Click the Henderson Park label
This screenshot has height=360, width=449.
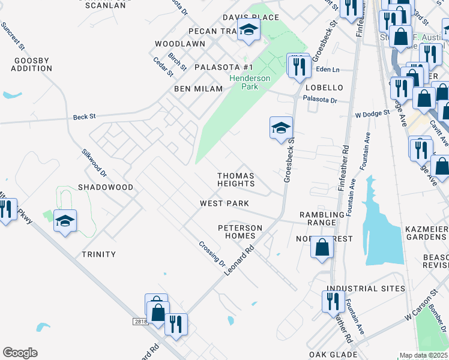pos(250,82)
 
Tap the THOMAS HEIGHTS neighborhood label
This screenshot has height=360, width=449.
pos(236,179)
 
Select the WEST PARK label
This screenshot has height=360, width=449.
pos(224,203)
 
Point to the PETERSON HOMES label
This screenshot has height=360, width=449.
pos(240,232)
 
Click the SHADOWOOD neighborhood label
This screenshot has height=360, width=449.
pos(106,187)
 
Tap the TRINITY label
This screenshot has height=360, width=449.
pos(98,254)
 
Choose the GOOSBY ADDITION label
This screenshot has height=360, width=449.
pos(32,64)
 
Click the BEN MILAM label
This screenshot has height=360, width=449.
pos(198,89)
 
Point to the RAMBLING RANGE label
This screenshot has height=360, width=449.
pos(318,218)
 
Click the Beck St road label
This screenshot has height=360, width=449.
pos(85,117)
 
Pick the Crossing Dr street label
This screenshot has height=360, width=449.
pos(212,254)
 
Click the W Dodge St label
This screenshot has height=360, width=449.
pos(372,113)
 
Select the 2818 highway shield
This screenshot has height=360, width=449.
pos(140,322)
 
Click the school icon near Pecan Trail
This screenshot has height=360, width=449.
pos(248,29)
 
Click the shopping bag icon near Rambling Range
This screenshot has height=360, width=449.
pos(322,247)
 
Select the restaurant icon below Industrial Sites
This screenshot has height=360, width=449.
pos(333,301)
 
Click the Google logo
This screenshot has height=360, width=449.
pos(20,353)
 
